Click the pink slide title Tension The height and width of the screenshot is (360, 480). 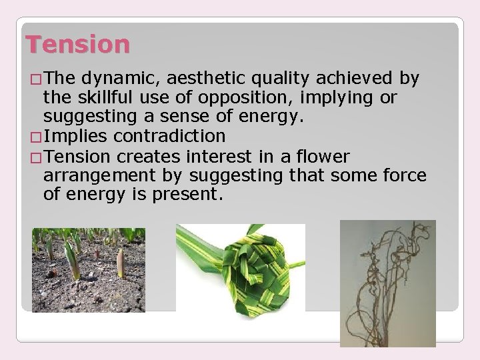click(77, 45)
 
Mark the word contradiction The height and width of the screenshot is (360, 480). click(169, 137)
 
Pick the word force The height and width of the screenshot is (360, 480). click(400, 176)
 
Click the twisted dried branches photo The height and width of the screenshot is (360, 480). click(387, 283)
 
